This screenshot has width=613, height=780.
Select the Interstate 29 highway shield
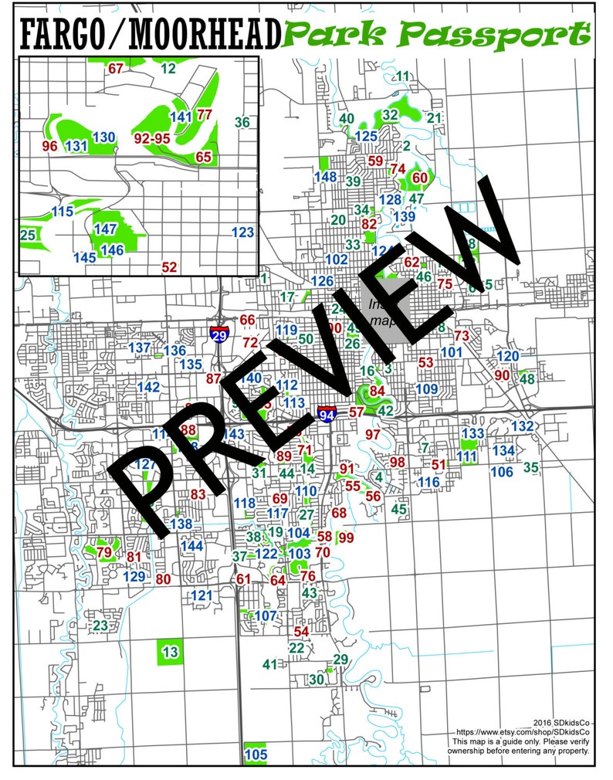[219, 334]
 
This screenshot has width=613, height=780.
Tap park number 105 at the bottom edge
[255, 754]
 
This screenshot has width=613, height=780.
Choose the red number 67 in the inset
[116, 69]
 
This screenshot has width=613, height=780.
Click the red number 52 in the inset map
[169, 267]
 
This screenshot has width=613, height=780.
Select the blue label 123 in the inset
[242, 232]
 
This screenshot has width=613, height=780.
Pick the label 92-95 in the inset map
[151, 138]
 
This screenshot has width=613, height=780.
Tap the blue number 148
[325, 177]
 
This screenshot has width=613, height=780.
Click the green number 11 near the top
[402, 76]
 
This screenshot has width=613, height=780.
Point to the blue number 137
[140, 348]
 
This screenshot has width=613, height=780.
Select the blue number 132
[523, 426]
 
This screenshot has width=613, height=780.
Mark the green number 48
[527, 378]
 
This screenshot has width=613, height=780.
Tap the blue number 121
[201, 595]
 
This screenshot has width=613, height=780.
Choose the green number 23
[100, 625]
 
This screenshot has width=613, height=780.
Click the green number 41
[269, 664]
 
